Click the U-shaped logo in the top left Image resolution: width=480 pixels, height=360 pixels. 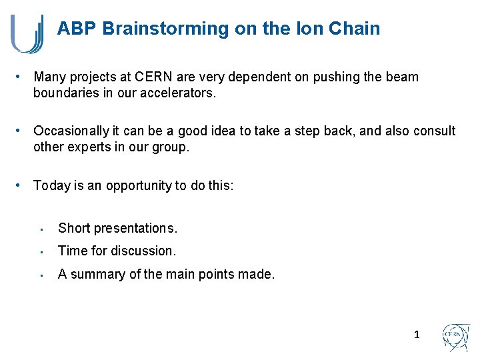click(27, 33)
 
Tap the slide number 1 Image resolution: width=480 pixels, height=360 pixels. click(417, 334)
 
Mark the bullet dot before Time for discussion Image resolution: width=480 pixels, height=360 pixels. click(41, 251)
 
